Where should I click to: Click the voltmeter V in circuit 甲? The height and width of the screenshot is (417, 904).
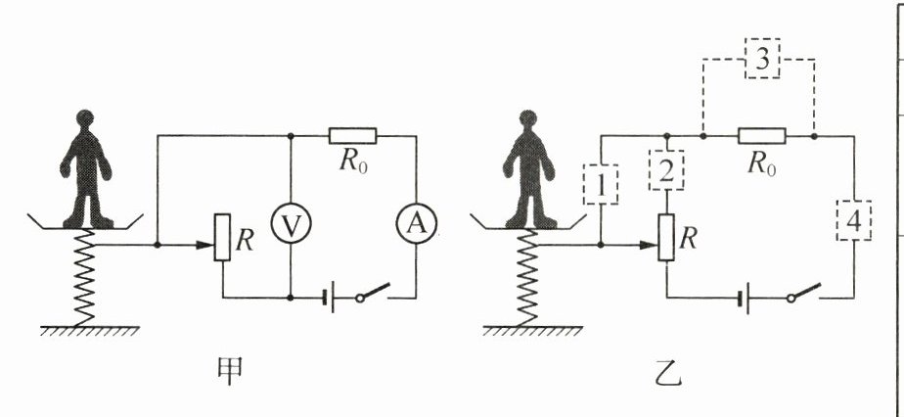point(291,224)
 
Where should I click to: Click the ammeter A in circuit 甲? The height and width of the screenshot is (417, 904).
point(417,224)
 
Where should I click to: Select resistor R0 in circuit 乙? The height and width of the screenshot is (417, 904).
point(759,136)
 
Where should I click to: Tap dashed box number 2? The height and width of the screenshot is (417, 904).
point(666,173)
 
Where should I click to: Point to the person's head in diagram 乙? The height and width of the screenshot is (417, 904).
point(529,123)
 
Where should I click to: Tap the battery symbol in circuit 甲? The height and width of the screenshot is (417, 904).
point(332,296)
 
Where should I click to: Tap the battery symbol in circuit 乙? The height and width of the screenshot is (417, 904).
point(746,296)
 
